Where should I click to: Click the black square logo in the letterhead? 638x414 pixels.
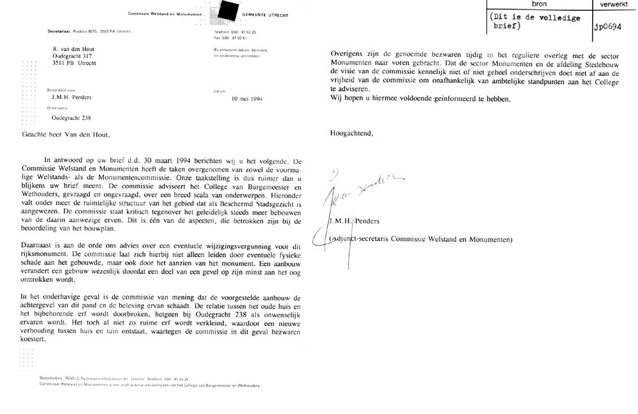click(x=226, y=11)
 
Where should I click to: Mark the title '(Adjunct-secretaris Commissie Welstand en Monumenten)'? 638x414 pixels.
click(x=422, y=239)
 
